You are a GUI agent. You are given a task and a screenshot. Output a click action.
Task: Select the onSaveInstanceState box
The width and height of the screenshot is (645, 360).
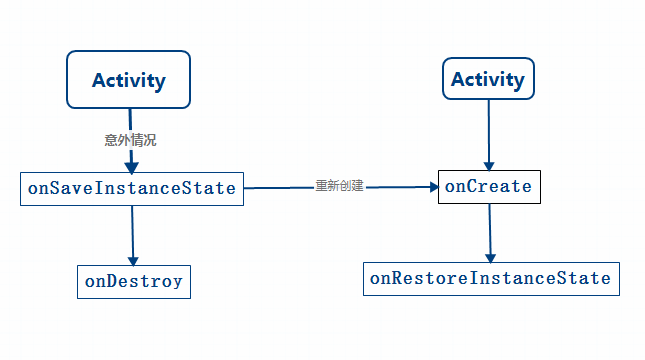(132, 188)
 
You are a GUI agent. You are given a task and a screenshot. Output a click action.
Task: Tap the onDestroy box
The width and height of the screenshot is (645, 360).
(134, 281)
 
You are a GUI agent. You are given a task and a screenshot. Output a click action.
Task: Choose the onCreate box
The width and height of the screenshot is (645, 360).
(490, 186)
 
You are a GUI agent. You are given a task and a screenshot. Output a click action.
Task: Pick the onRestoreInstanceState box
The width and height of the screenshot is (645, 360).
(491, 278)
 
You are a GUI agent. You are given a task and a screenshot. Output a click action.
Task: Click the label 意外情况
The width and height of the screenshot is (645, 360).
(130, 140)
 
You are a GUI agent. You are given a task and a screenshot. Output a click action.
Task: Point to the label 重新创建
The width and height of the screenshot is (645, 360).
(339, 186)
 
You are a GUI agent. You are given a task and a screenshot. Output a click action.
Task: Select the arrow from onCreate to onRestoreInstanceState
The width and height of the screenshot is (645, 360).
(490, 230)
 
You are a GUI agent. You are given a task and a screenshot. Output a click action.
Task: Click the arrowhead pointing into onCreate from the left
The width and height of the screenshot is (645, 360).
(432, 186)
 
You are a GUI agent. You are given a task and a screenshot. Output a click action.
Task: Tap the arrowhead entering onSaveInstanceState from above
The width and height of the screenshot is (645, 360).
(131, 166)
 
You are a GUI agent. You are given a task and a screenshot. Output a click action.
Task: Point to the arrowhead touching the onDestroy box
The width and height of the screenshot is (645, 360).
(133, 258)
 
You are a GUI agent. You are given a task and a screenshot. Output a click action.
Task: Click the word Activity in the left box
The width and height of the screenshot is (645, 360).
(128, 80)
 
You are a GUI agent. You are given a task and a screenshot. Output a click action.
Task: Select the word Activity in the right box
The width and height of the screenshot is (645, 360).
(488, 79)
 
